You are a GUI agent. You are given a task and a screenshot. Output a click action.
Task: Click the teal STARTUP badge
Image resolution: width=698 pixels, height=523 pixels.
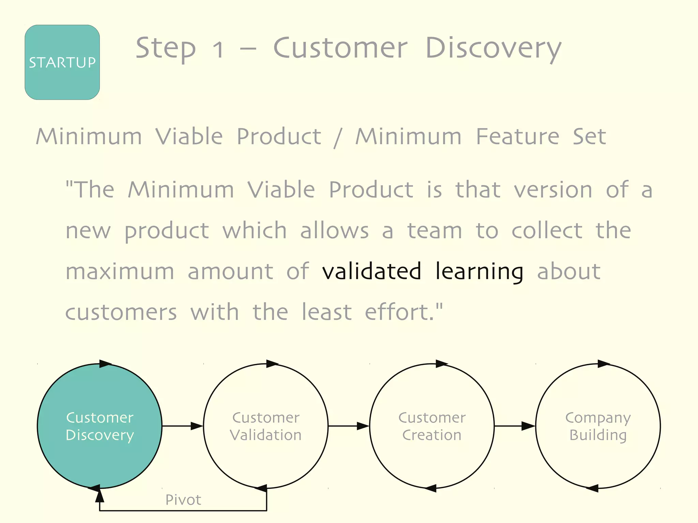(62, 62)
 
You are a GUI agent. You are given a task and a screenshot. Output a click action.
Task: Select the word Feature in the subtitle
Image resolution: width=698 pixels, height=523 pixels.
(517, 136)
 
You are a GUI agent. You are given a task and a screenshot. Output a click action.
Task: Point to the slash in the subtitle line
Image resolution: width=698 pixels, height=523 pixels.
(338, 137)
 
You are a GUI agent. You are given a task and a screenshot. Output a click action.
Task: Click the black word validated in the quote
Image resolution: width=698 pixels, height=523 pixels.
(371, 272)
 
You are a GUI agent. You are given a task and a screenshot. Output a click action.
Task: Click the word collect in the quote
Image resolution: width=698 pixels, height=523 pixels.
(547, 231)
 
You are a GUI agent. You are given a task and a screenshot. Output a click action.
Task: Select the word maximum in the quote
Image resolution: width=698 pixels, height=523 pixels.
(120, 272)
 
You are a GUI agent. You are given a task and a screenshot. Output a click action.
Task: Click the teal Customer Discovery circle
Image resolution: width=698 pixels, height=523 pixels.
(100, 426)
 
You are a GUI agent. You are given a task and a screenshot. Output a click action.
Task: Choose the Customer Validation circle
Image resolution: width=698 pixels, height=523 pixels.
(266, 426)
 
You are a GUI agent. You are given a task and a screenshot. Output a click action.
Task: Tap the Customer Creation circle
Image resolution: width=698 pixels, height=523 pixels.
(432, 426)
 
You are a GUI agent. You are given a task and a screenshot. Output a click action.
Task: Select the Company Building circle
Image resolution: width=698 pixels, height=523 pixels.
(598, 426)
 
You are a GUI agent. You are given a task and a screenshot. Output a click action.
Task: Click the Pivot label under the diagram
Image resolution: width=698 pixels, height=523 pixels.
(183, 500)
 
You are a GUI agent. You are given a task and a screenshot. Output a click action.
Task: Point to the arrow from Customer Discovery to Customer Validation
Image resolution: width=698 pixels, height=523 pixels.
(183, 426)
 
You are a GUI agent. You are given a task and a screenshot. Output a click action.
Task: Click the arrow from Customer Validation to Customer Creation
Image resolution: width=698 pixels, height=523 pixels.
(349, 426)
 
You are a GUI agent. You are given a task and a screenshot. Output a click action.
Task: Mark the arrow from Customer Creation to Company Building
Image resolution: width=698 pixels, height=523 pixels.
(515, 426)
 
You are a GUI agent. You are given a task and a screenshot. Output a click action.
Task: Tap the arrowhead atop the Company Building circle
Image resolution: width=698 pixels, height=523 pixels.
(604, 364)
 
